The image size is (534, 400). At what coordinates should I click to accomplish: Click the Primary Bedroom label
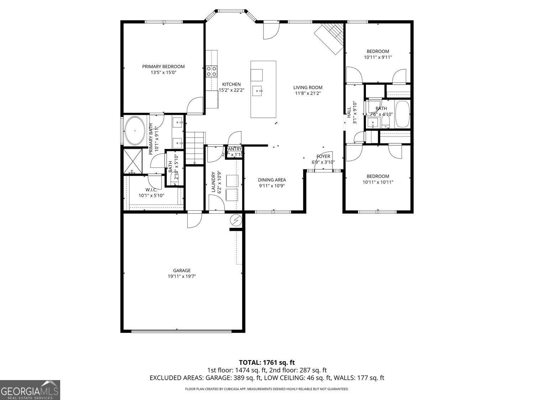tap(163, 66)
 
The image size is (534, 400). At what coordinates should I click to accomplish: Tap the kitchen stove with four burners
tap(212, 71)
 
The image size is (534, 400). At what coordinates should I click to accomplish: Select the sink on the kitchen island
tap(257, 91)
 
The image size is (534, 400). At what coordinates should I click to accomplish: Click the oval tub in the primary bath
tap(134, 130)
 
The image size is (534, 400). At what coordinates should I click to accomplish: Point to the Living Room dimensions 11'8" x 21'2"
tap(308, 94)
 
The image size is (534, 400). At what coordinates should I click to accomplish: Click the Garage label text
tap(182, 271)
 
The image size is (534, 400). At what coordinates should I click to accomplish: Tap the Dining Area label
tap(272, 180)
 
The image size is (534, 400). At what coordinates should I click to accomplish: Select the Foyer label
tap(323, 156)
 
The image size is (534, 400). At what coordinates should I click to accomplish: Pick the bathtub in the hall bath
tap(402, 114)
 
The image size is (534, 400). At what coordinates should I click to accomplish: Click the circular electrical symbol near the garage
tap(236, 221)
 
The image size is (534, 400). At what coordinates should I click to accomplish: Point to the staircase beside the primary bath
tap(195, 148)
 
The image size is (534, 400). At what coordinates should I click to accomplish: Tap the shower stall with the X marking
tap(133, 161)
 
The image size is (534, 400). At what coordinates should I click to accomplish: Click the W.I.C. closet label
tap(151, 190)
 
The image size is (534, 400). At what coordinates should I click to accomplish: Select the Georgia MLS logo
tap(30, 390)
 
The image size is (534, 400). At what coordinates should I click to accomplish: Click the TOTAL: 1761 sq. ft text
tap(267, 363)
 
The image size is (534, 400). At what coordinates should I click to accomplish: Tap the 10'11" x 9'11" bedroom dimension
tap(378, 57)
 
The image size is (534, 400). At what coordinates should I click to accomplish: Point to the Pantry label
tap(234, 149)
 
